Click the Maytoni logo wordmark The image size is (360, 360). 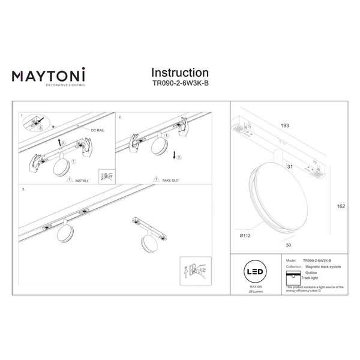49,76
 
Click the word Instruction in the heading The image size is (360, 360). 180,73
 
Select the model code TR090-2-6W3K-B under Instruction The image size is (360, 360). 180,86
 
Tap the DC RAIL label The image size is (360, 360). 98,130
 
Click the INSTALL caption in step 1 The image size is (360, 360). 82,179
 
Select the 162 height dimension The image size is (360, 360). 341,206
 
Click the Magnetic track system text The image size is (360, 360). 322,267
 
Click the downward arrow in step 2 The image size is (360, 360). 174,157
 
